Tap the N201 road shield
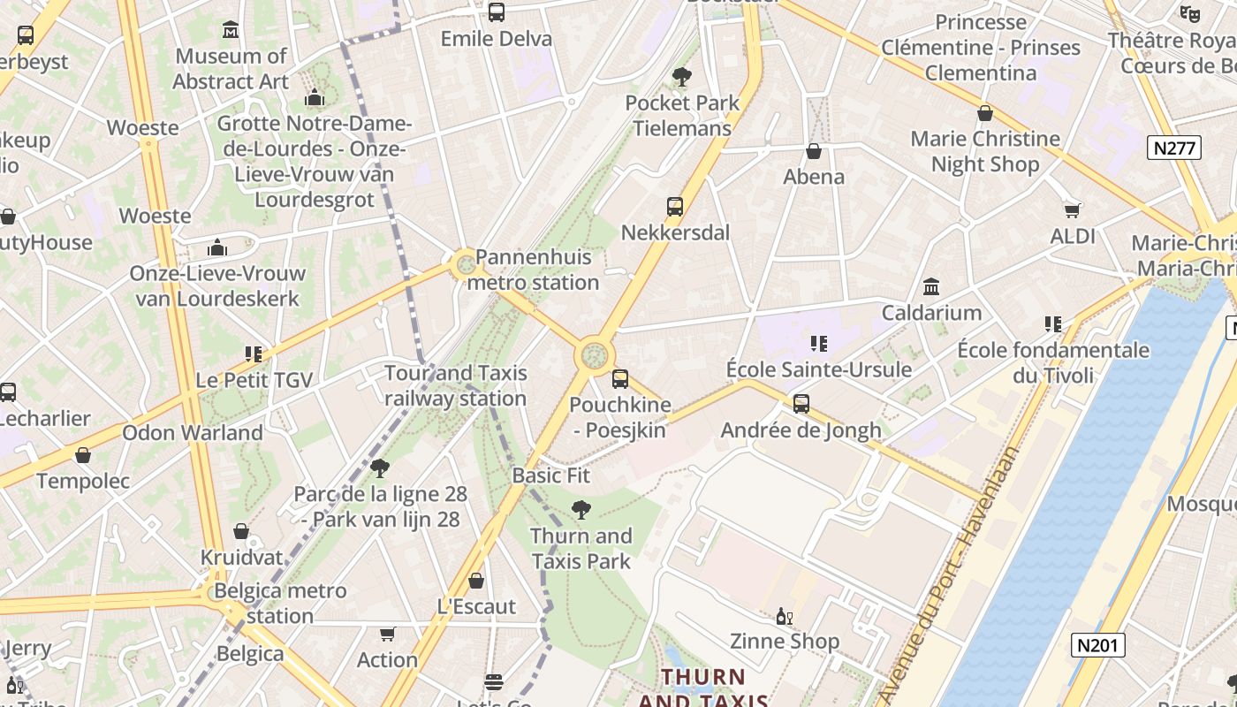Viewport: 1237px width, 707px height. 1099,645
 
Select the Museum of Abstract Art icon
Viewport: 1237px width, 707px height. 231,30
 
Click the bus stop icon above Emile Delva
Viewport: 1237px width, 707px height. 497,12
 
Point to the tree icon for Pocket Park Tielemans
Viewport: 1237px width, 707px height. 681,77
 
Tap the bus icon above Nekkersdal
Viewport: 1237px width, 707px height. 675,207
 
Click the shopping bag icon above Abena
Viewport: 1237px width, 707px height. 814,151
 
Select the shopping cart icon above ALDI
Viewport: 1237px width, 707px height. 1073,210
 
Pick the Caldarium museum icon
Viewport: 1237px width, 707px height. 931,287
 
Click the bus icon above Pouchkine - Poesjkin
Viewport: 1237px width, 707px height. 620,379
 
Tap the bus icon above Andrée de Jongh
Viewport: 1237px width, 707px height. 801,404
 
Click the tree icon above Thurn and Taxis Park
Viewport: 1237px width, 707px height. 581,509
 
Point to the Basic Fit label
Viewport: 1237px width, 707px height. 550,475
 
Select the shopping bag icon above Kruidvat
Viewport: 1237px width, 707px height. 240,531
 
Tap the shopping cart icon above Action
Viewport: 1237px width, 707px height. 387,634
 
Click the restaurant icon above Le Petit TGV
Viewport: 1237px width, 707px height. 254,354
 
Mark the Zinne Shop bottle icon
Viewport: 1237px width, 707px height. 783,616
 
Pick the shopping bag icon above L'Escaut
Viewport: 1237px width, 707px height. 476,581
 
